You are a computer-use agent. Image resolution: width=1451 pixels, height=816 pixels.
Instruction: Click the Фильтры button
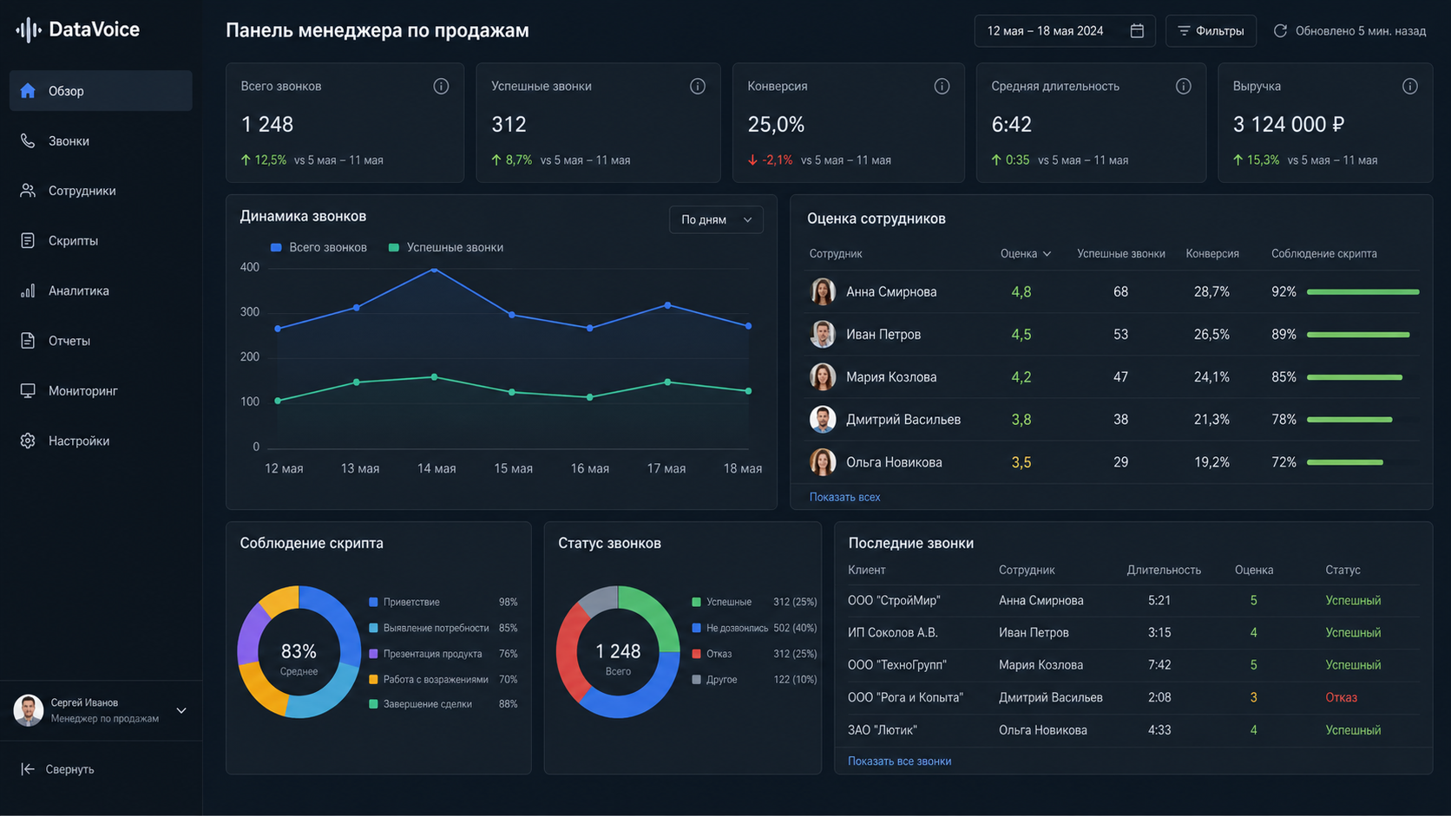[1211, 31]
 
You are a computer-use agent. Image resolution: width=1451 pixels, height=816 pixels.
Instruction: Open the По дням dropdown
[716, 220]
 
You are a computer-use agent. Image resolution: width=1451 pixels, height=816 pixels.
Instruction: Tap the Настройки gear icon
[27, 441]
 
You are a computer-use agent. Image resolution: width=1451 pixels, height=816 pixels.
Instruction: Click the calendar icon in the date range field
[1137, 31]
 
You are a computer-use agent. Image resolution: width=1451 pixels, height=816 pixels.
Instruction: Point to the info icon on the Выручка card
[1410, 86]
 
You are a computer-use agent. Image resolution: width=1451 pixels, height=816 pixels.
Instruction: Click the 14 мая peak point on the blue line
[435, 270]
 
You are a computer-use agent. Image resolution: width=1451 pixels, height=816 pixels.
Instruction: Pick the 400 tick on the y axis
[249, 267]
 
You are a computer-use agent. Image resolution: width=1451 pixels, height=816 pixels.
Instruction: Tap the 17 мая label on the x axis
[666, 468]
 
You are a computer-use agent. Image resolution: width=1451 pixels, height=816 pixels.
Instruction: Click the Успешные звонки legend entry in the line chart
[446, 247]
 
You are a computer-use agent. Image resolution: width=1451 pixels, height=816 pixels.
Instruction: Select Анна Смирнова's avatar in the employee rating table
[823, 292]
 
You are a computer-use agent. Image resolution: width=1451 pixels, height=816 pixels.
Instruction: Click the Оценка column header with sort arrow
[1026, 254]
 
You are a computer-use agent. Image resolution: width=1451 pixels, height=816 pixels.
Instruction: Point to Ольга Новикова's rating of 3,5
[1021, 463]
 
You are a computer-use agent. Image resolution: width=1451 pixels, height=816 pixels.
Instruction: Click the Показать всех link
[844, 497]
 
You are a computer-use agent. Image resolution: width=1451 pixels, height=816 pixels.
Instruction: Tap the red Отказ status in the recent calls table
[1341, 697]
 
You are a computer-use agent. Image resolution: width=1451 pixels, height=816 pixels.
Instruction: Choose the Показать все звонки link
[899, 761]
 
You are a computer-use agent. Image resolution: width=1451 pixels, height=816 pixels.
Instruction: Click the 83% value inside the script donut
[299, 651]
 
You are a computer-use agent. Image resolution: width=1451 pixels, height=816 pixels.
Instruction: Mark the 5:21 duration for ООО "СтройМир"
[1159, 601]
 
